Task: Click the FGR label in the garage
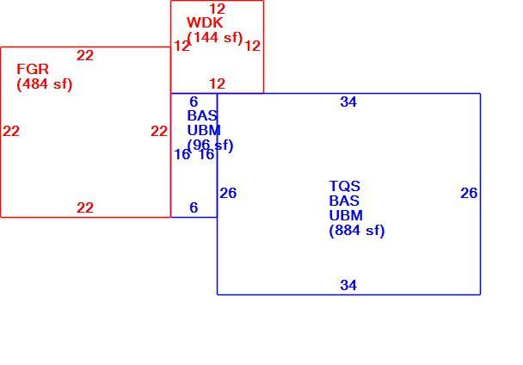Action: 33,69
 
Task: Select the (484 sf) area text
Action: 45,84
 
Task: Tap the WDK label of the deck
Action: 205,22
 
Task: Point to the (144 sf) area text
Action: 215,37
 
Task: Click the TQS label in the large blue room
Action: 345,186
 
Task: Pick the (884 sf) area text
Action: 357,231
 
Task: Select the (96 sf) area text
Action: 210,145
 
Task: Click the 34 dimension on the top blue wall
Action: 348,102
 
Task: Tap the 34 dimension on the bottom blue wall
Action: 348,285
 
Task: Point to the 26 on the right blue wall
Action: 469,193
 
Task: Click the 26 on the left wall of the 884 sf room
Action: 228,193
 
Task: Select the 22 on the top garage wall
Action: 85,55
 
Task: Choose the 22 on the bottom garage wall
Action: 85,207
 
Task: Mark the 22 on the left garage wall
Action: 11,131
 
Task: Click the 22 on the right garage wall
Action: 159,131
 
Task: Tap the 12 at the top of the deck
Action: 217,9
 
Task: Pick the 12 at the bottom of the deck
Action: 217,84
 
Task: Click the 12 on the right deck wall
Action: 253,46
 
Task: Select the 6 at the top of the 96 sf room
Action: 194,102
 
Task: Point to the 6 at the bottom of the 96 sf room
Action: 194,207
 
